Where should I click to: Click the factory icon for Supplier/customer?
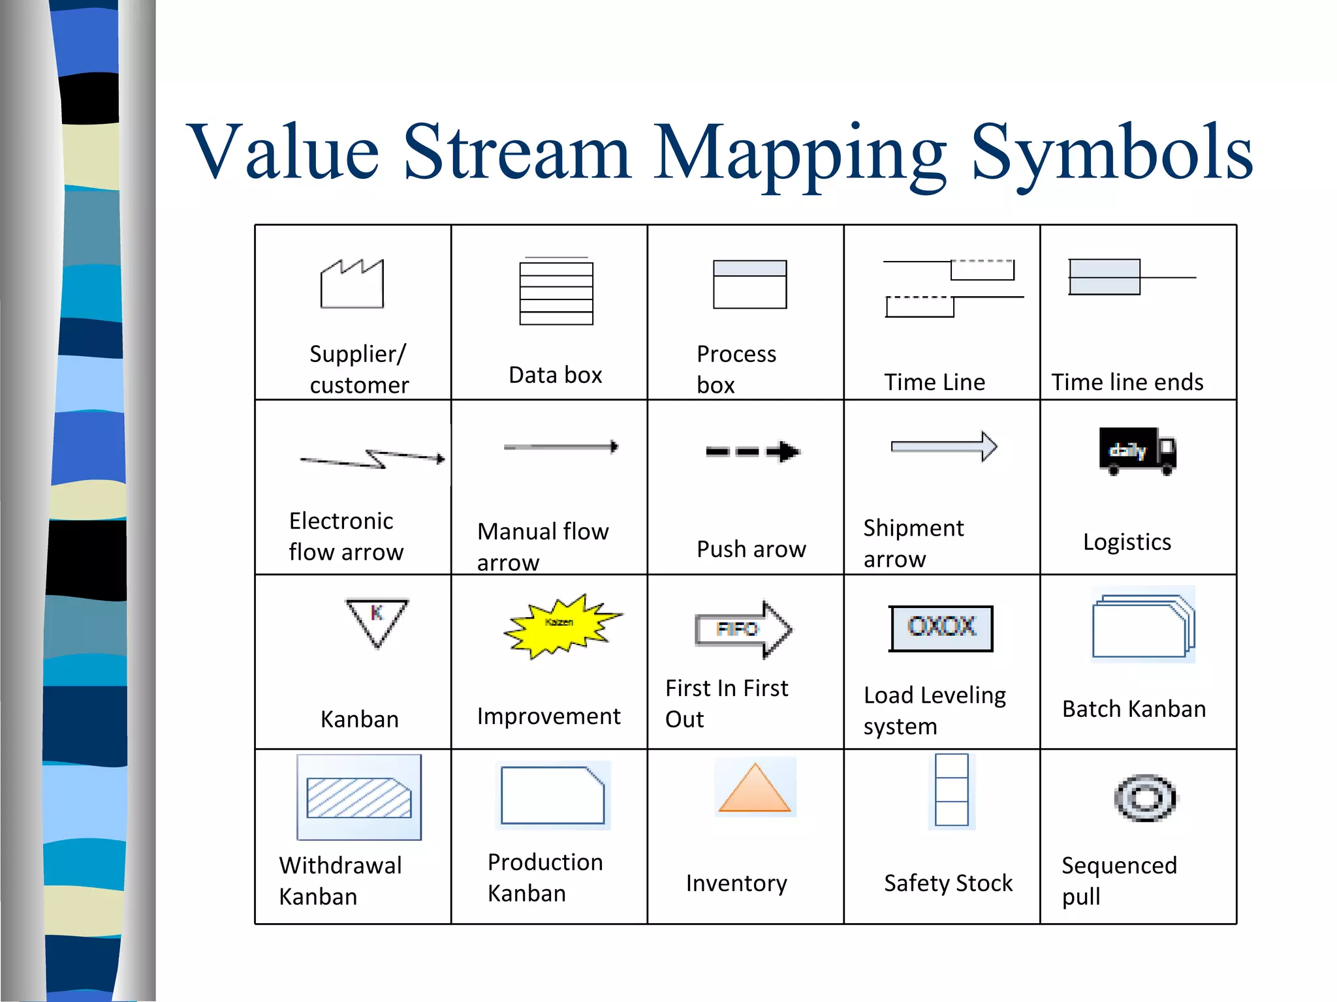click(x=352, y=284)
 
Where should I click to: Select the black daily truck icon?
click(x=1137, y=451)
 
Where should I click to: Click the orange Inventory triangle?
click(x=754, y=789)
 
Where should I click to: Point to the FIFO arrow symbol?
click(x=744, y=629)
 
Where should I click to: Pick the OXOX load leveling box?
click(x=940, y=628)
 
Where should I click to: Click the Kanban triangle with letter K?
click(x=377, y=620)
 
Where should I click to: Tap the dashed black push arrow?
click(x=753, y=451)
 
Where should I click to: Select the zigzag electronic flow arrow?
click(x=373, y=459)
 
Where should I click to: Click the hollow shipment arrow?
click(x=944, y=447)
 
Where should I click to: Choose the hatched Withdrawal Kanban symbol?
click(x=358, y=797)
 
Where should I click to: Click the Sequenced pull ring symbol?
click(x=1145, y=798)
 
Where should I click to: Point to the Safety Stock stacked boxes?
click(x=951, y=789)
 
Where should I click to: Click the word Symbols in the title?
click(x=1112, y=153)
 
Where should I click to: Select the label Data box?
click(x=555, y=375)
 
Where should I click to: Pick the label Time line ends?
click(x=1127, y=382)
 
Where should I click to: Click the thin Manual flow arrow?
click(x=561, y=447)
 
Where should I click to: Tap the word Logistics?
click(x=1127, y=542)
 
